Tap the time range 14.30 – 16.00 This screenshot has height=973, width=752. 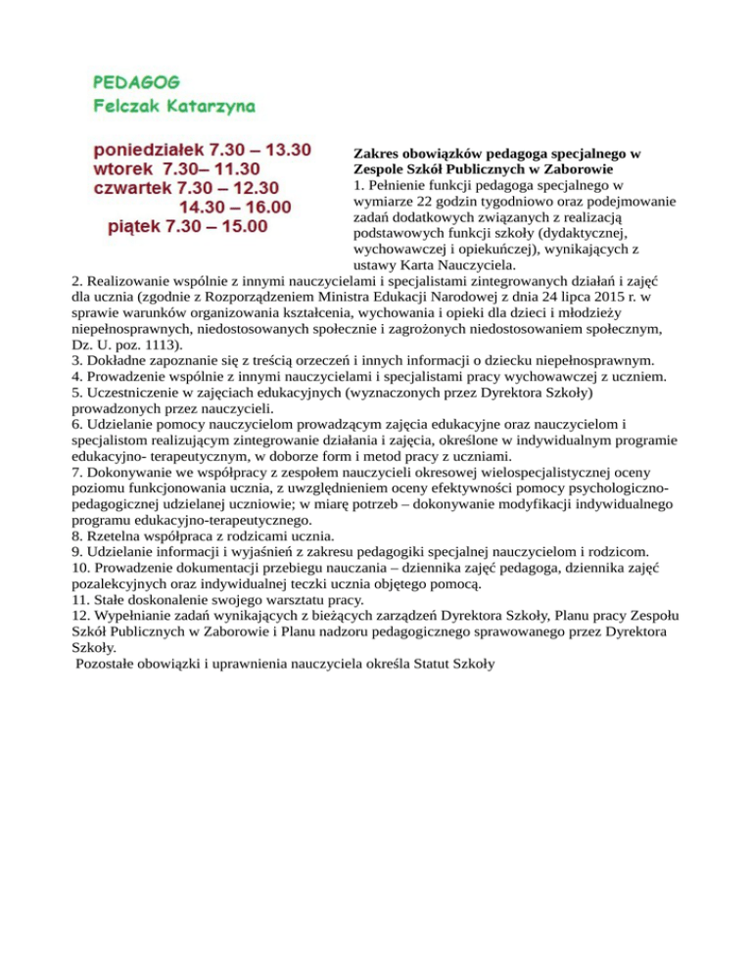[x=235, y=207]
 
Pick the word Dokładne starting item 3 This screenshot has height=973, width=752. [x=119, y=360]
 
